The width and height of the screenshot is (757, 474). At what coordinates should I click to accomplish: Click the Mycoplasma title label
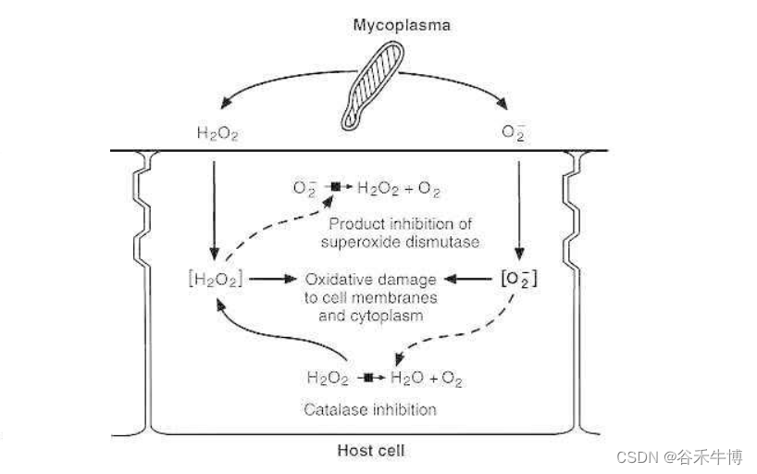pyautogui.click(x=401, y=25)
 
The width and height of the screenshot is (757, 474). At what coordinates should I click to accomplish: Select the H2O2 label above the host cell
pyautogui.click(x=217, y=133)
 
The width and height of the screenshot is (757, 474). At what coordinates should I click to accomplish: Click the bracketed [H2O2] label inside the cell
pyautogui.click(x=214, y=277)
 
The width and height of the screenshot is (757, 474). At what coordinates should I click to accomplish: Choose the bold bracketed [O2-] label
pyautogui.click(x=518, y=277)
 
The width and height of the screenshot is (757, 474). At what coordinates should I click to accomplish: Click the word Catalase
pyautogui.click(x=330, y=408)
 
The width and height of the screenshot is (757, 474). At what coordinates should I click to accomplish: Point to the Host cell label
pyautogui.click(x=370, y=451)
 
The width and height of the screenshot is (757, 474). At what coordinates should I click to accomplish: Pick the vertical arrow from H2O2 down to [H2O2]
pyautogui.click(x=215, y=208)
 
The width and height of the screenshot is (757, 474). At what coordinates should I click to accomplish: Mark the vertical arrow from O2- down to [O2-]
pyautogui.click(x=518, y=208)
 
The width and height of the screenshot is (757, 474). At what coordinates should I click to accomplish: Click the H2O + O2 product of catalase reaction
pyautogui.click(x=426, y=379)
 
